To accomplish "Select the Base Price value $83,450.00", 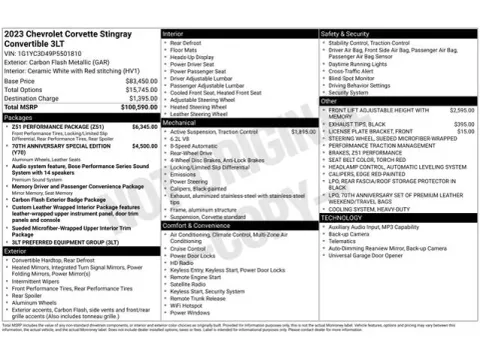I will (140, 80).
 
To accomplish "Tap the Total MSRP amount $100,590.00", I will (137, 106).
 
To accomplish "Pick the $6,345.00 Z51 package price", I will (140, 127).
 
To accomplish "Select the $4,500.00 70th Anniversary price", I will (140, 145).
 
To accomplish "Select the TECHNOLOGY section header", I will (343, 216).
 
